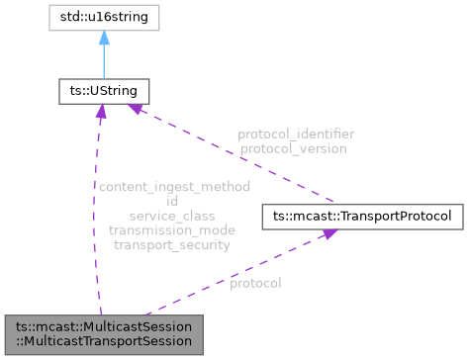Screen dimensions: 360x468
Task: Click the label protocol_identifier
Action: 296,134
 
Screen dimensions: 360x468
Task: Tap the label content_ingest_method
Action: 172,186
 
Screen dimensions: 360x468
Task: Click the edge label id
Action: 172,200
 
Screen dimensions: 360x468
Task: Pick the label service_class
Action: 172,215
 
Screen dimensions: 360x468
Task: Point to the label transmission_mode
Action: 172,229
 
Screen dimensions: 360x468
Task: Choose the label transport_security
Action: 172,244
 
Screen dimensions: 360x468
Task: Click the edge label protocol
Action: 255,283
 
